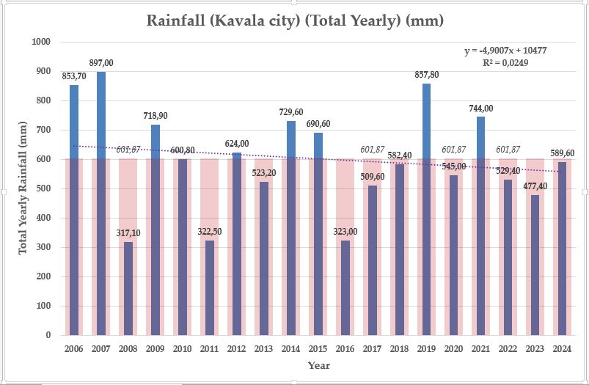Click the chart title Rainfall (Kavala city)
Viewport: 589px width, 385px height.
coord(295,20)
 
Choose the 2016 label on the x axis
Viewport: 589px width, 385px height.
coord(345,348)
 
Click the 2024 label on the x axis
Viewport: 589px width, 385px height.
coord(562,348)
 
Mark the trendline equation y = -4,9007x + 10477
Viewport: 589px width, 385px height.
coord(505,51)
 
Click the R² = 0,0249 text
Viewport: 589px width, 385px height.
coord(505,63)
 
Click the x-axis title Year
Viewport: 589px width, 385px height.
coord(318,365)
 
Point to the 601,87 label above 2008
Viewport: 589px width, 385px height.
coord(128,150)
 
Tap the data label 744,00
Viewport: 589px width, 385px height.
coord(481,108)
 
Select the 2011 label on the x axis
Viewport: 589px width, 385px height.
coord(209,348)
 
